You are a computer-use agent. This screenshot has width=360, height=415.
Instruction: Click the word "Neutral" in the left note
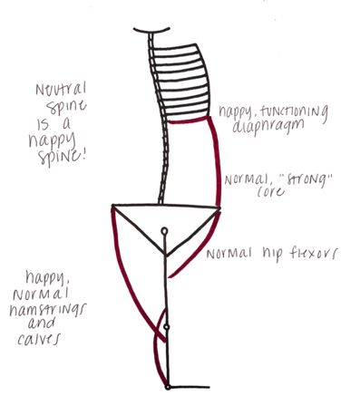(x=61, y=89)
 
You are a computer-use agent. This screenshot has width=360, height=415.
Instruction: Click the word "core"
(x=271, y=191)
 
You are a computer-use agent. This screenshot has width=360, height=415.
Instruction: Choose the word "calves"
(x=39, y=339)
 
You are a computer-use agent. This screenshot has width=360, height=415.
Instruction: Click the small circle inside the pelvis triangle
(x=164, y=231)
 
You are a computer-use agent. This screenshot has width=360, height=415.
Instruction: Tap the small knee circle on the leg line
(x=166, y=327)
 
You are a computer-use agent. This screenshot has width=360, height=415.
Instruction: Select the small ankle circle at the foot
(x=168, y=387)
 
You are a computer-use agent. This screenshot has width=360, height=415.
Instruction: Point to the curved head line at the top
(x=151, y=32)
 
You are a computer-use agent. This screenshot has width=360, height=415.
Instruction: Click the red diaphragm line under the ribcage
(x=188, y=121)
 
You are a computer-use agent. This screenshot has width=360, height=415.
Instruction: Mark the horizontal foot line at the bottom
(x=190, y=387)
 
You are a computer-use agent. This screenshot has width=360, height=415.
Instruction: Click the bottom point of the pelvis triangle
(x=166, y=256)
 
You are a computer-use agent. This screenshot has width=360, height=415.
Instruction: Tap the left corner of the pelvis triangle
(x=112, y=207)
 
